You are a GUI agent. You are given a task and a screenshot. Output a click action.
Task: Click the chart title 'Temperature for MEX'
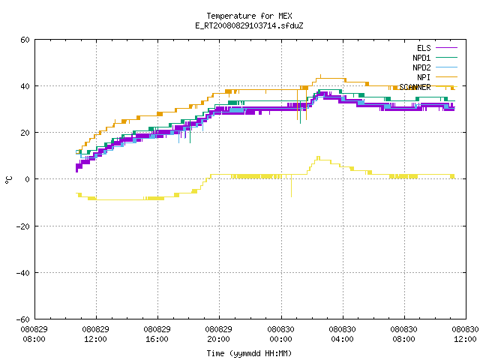(249, 16)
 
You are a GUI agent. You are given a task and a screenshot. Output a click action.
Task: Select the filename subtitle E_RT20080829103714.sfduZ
(249, 25)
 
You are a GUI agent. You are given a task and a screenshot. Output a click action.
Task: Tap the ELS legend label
(424, 48)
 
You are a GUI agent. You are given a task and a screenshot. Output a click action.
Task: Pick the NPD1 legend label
(421, 58)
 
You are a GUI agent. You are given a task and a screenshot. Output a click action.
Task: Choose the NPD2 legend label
(421, 67)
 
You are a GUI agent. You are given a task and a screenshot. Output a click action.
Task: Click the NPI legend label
(424, 77)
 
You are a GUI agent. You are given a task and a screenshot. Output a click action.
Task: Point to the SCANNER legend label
(415, 87)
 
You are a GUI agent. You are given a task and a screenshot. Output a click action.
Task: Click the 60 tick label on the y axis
(25, 40)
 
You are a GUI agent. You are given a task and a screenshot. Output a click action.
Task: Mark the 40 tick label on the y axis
(25, 86)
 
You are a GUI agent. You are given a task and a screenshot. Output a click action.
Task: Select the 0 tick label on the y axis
(28, 179)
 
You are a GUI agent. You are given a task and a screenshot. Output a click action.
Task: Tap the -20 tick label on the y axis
(23, 226)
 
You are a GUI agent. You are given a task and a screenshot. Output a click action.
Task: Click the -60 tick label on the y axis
(23, 319)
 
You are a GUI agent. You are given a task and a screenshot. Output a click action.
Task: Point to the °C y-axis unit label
(9, 180)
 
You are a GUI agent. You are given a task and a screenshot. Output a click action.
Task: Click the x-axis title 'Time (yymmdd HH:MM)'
(249, 353)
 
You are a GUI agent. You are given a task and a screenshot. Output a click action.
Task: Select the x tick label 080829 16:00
(157, 334)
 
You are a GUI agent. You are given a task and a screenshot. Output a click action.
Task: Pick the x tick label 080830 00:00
(280, 334)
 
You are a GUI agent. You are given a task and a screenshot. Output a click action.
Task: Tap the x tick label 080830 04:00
(342, 334)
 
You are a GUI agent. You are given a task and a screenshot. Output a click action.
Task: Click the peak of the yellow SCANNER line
(318, 157)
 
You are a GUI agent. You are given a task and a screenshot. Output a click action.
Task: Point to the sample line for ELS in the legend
(446, 48)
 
